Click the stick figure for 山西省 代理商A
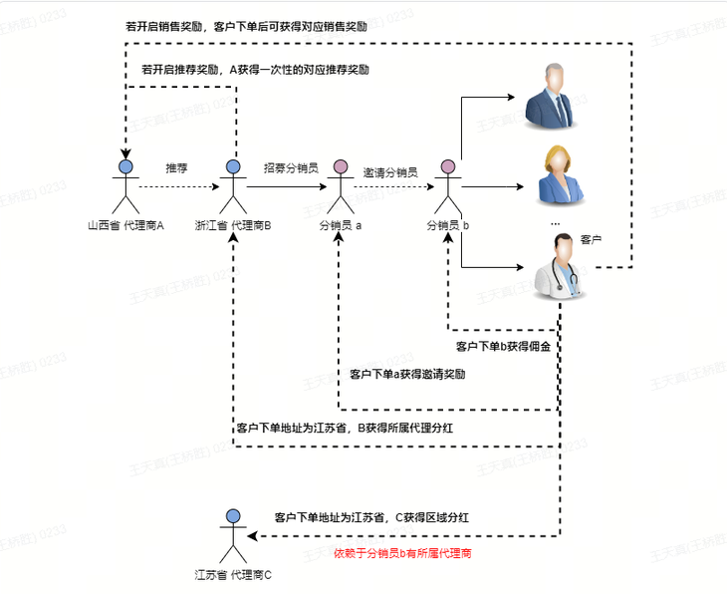(125, 186)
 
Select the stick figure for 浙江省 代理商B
(233, 186)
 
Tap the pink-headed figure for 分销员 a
(341, 186)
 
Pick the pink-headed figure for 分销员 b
(447, 186)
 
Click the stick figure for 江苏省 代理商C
(233, 536)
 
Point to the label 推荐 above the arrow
(176, 168)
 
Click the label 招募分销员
(291, 168)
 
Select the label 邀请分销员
(390, 172)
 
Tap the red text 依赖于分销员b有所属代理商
(402, 553)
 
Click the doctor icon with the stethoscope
(560, 265)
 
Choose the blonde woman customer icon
(560, 175)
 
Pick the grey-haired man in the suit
(551, 96)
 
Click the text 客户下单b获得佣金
(504, 346)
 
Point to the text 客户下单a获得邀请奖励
(407, 374)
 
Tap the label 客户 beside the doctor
(591, 240)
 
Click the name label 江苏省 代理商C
(233, 575)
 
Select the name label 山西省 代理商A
(125, 225)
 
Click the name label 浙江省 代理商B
(233, 225)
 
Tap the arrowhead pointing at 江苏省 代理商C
(252, 536)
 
